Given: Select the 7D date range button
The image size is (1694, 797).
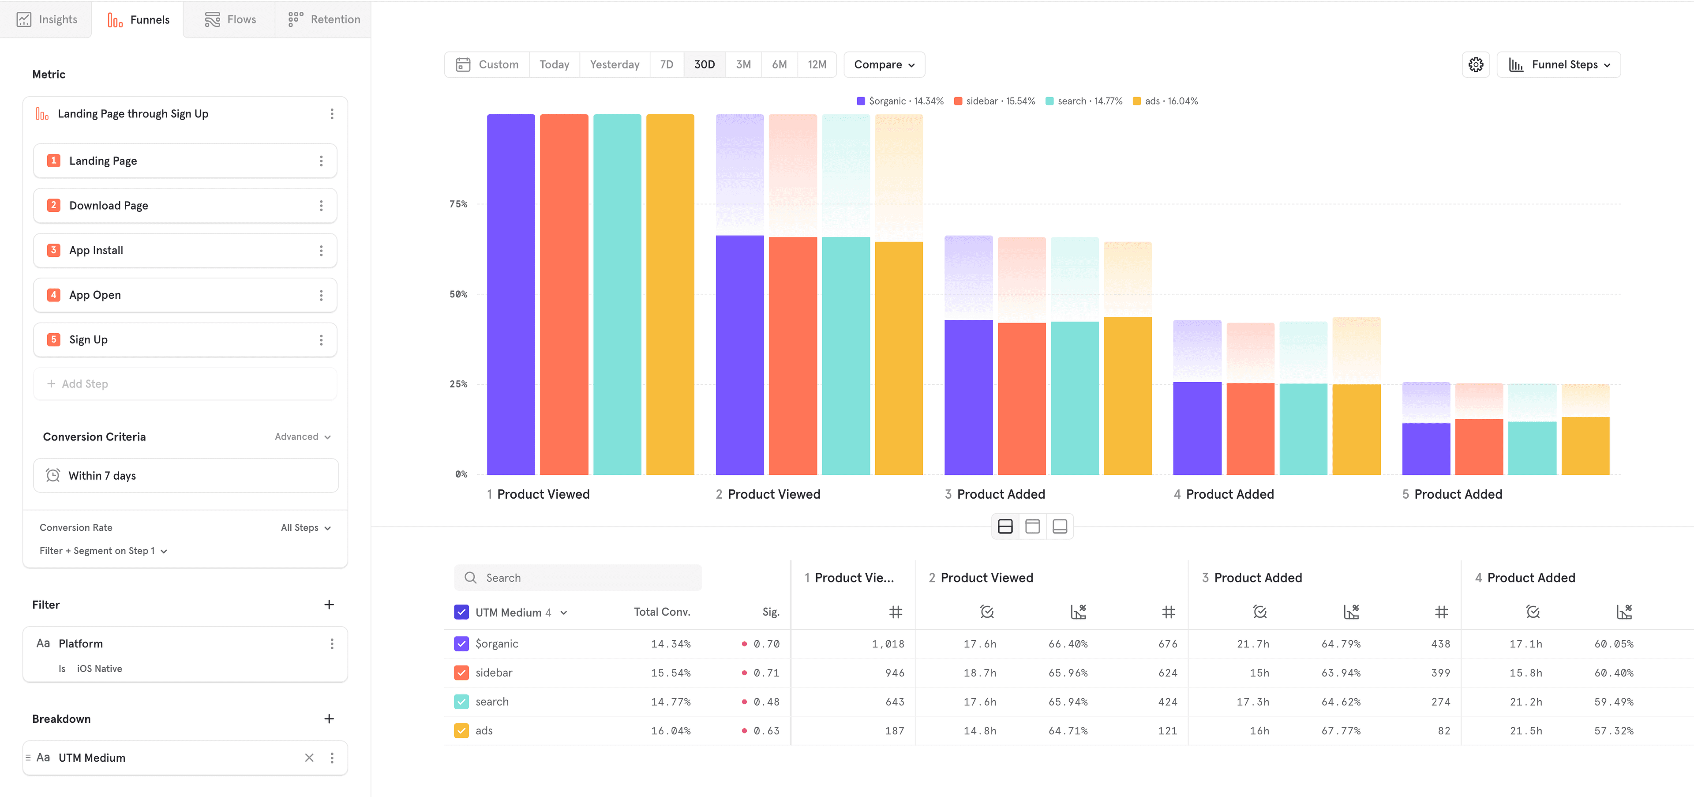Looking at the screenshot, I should [666, 64].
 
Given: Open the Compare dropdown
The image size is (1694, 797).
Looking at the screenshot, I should [884, 64].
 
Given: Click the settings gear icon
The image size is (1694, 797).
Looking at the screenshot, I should [1476, 64].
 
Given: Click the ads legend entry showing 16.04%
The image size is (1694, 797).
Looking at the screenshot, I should [1165, 101].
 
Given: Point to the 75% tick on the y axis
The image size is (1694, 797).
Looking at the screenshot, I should [458, 204].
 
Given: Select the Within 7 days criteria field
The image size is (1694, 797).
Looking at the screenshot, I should [185, 475].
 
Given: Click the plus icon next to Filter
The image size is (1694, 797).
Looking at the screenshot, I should [329, 604].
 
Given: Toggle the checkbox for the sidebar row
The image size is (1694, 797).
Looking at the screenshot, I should [461, 673].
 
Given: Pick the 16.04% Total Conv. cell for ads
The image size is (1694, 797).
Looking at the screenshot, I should [670, 731].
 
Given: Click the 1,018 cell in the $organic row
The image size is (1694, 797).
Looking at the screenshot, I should [888, 644].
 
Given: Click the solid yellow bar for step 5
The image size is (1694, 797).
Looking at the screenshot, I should [1585, 446].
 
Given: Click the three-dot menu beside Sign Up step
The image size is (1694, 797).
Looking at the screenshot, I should [321, 340].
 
